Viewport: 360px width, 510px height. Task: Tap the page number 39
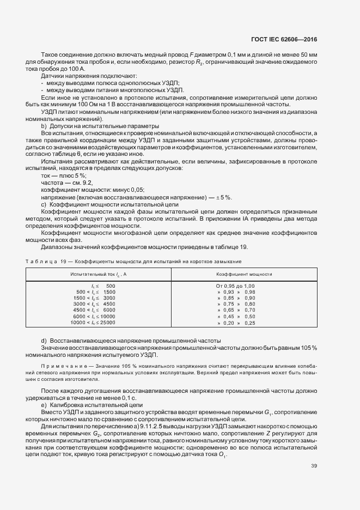pyautogui.click(x=314, y=435)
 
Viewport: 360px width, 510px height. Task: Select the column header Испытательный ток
pyautogui.click(x=99, y=274)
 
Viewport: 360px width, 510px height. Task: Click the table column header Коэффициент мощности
pyautogui.click(x=244, y=274)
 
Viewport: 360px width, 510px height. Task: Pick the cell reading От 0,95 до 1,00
pyautogui.click(x=235, y=286)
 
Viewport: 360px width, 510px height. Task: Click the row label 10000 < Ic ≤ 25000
pyautogui.click(x=94, y=323)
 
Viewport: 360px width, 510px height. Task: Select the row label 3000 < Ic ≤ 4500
pyautogui.click(x=94, y=305)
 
